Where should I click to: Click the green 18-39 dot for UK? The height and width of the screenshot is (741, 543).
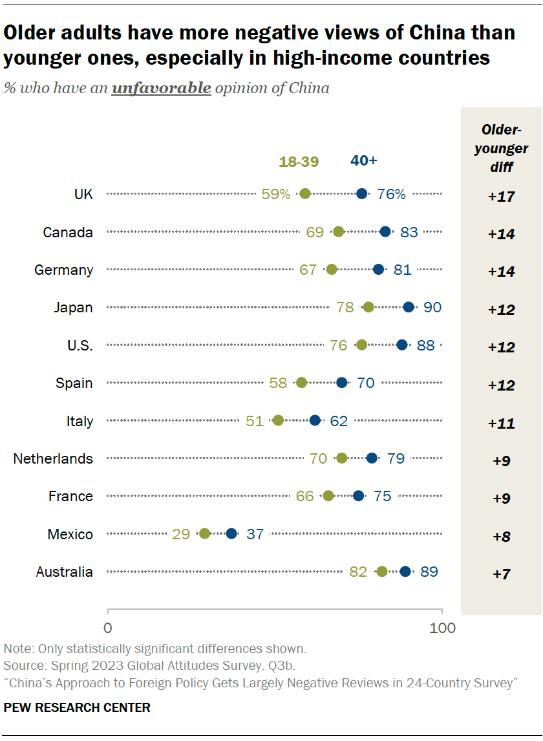(x=305, y=193)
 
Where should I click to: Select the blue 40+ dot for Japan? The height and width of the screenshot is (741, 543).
(x=409, y=307)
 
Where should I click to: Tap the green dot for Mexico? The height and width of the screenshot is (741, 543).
(x=205, y=533)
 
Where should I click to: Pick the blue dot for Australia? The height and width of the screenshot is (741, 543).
(x=405, y=571)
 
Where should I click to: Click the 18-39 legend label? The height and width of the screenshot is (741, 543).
(x=299, y=162)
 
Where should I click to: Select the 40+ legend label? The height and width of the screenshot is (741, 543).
(x=363, y=160)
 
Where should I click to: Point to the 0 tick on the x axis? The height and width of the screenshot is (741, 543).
(x=107, y=627)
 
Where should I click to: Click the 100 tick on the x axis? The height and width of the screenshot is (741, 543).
(x=442, y=627)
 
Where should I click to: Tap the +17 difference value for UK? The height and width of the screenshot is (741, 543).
(x=501, y=197)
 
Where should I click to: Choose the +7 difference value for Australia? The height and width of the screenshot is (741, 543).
(x=501, y=574)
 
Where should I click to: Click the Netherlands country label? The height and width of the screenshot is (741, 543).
(x=53, y=458)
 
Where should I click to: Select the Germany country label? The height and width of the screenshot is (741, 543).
(x=63, y=270)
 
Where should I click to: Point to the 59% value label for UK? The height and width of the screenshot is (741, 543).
(x=276, y=194)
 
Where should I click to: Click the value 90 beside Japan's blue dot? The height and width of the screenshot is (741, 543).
(x=432, y=307)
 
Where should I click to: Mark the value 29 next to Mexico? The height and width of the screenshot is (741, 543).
(x=181, y=534)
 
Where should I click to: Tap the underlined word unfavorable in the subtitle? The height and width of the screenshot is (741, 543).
(x=161, y=88)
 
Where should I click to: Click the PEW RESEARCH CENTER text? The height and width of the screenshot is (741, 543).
(x=77, y=708)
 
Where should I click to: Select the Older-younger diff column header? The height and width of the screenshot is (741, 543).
(x=501, y=149)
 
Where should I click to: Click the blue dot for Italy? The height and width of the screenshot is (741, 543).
(x=315, y=420)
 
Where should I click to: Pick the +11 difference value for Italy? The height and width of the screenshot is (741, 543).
(x=501, y=424)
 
